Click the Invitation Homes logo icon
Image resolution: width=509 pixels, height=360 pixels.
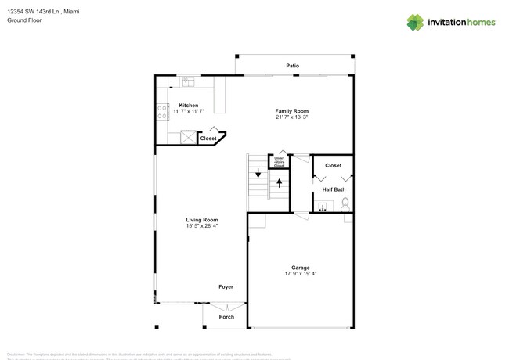click(x=415, y=22)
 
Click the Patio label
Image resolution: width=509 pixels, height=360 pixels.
click(x=292, y=66)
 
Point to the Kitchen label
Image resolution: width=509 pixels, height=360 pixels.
click(x=188, y=105)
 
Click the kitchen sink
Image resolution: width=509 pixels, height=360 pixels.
click(x=188, y=81)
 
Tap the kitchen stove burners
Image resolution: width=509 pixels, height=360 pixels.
click(x=162, y=111)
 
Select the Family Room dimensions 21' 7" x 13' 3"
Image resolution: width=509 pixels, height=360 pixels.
click(x=291, y=117)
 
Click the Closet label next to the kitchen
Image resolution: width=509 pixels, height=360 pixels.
click(x=208, y=139)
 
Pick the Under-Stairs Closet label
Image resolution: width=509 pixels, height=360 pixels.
click(x=279, y=161)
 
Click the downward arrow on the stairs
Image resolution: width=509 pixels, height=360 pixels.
click(x=258, y=174)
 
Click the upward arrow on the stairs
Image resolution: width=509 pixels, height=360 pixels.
click(x=279, y=184)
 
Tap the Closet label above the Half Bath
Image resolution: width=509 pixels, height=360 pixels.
click(x=333, y=166)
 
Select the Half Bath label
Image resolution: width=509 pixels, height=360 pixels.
click(x=334, y=189)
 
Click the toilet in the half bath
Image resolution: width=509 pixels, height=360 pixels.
click(x=345, y=205)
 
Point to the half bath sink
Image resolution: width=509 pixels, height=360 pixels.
click(x=322, y=207)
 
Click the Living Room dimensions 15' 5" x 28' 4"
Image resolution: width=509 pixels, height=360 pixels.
click(x=201, y=226)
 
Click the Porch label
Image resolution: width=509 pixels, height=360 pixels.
click(x=226, y=317)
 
